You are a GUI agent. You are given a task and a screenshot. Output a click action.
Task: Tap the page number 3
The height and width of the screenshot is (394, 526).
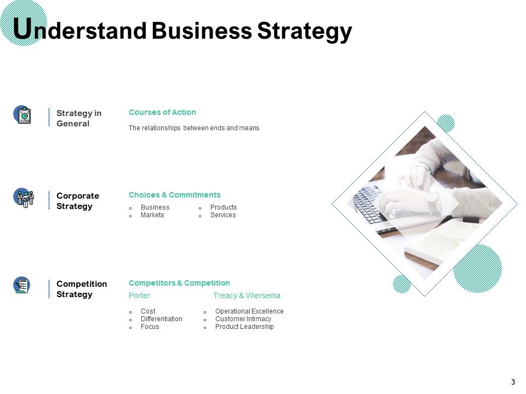click(513, 382)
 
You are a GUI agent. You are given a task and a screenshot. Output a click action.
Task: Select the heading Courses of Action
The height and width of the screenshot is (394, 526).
click(162, 112)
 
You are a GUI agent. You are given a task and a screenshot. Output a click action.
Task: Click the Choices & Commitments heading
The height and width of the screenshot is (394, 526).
click(174, 195)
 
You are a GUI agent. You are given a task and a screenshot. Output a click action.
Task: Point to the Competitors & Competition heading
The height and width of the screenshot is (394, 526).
click(179, 283)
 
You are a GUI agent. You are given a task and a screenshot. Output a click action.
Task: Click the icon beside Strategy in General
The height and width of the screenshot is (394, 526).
click(22, 115)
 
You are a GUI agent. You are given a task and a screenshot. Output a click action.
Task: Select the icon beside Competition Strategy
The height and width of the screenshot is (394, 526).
click(22, 285)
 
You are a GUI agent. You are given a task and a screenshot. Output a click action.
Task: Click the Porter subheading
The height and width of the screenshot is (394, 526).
click(139, 296)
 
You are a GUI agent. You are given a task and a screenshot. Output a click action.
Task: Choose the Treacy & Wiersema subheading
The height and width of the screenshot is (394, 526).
click(247, 296)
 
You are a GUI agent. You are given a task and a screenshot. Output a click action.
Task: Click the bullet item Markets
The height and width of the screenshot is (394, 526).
click(152, 215)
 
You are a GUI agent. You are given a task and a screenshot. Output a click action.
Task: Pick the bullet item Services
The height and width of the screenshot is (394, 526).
click(223, 215)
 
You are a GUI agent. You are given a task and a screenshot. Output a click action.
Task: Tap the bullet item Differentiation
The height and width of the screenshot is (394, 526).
click(161, 319)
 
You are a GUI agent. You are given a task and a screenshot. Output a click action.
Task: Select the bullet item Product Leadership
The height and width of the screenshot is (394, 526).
click(244, 327)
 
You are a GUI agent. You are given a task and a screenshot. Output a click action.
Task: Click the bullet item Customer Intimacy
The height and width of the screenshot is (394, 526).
click(243, 319)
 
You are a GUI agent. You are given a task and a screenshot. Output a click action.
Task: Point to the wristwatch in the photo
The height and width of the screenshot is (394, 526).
click(433, 201)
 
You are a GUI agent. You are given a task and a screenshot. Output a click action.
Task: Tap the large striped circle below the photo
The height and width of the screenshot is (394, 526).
click(477, 268)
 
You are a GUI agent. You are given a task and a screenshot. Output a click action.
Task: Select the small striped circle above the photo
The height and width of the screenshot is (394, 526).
click(446, 123)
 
